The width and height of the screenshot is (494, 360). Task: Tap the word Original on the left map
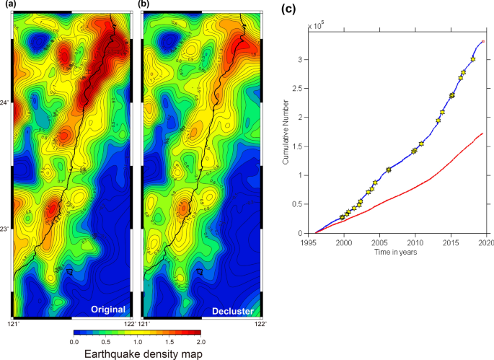click(x=108, y=309)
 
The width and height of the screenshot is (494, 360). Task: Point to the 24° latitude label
click(x=5, y=103)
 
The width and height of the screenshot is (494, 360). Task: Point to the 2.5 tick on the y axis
click(x=301, y=88)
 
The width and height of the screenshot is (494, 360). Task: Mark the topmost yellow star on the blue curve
click(x=473, y=59)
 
